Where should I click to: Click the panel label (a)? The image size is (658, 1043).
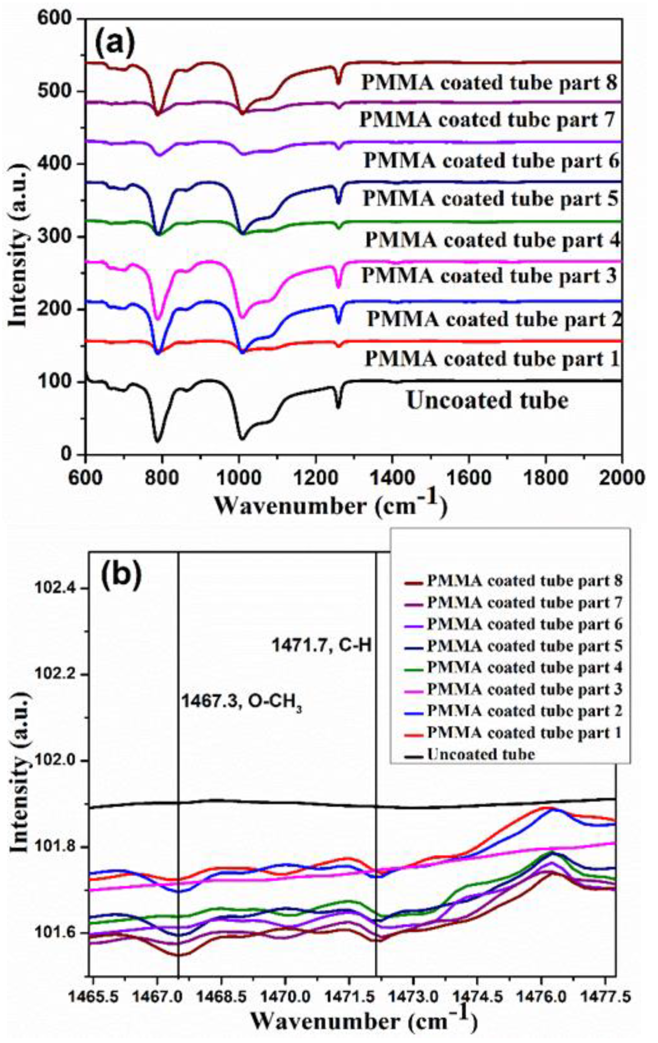tap(115, 44)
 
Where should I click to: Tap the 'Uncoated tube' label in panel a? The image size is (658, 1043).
tap(487, 401)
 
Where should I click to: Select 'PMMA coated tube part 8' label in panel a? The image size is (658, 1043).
tap(489, 82)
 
